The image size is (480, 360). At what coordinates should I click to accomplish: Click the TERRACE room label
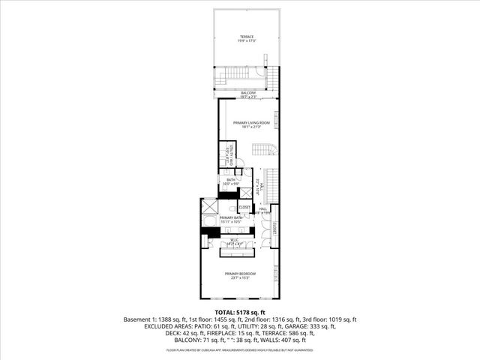(247, 36)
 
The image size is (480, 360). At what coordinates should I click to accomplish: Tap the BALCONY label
(247, 93)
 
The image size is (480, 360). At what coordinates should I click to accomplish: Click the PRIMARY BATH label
(231, 217)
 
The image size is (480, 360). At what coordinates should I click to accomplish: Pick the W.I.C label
(234, 240)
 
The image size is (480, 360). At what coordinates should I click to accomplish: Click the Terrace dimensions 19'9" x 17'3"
(247, 40)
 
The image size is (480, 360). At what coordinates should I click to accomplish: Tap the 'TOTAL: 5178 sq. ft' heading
(239, 312)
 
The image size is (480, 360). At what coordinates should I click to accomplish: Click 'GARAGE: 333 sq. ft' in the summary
(314, 327)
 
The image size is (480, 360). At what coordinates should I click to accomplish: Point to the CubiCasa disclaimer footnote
(239, 349)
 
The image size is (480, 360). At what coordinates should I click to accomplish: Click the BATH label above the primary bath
(231, 179)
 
